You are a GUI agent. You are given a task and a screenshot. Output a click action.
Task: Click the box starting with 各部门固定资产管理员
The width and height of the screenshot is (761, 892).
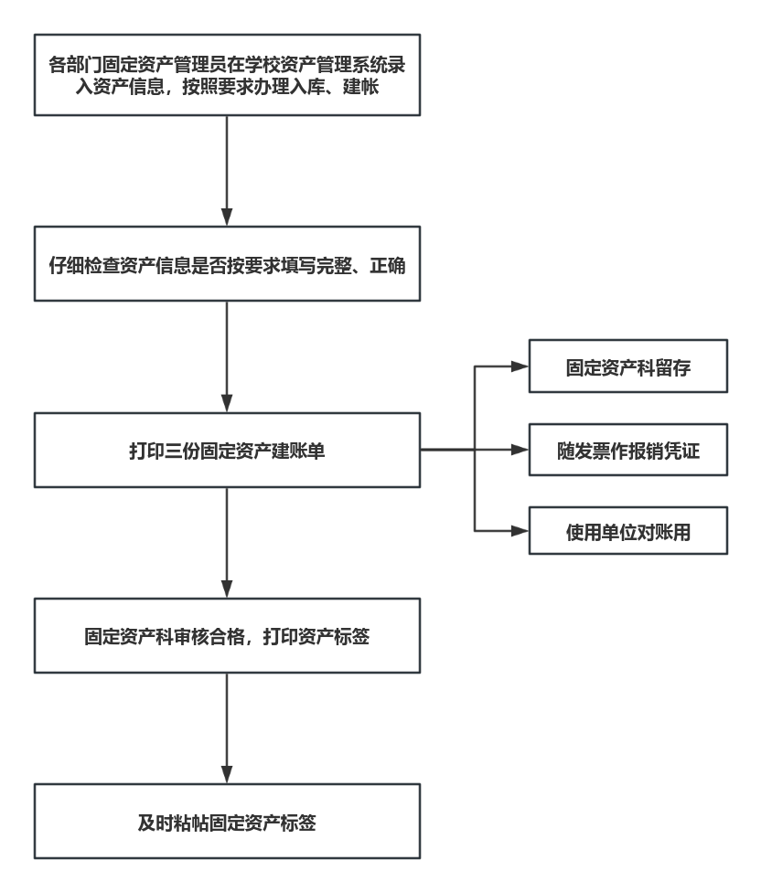point(227,75)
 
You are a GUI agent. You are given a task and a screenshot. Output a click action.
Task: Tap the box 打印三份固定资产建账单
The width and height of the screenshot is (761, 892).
point(227,450)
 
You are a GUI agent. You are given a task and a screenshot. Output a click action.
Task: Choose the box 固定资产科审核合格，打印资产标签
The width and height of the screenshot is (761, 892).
point(227,635)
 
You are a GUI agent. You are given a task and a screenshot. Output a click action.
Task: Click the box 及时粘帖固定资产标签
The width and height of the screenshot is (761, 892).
point(227,821)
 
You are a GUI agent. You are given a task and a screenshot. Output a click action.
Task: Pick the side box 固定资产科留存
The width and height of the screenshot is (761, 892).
point(627,366)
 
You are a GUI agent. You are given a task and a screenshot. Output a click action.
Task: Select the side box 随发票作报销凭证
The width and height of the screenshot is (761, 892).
point(627,450)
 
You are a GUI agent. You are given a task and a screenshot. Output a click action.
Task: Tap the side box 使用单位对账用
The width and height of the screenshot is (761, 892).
point(627,531)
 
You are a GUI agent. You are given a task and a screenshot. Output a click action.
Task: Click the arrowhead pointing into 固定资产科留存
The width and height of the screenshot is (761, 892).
point(520,366)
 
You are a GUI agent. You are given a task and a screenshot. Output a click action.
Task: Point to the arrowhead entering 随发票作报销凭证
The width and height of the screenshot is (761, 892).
point(520,450)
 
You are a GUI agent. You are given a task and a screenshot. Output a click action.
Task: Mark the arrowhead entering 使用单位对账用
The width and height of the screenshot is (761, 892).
point(520,531)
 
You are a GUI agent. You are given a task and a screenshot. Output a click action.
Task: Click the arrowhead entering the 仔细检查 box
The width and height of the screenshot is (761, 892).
point(227,218)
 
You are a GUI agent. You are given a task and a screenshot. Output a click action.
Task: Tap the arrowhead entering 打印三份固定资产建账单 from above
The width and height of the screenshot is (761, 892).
point(227,403)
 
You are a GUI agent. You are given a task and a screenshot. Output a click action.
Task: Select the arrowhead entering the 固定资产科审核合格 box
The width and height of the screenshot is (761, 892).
point(227,589)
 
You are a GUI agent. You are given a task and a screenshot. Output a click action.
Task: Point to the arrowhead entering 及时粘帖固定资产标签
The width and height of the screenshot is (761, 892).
point(227,774)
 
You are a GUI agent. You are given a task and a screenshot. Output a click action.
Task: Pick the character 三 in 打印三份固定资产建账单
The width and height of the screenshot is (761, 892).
point(175,451)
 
